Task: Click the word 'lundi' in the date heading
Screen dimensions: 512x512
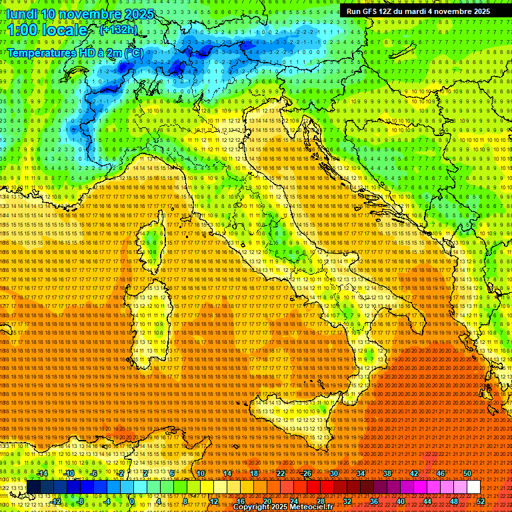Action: click(21, 14)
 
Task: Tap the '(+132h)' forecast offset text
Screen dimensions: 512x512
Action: click(118, 29)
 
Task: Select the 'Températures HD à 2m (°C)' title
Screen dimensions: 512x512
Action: click(75, 53)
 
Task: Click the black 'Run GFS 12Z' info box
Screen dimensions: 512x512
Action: click(418, 11)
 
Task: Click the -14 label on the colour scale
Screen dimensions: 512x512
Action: click(42, 473)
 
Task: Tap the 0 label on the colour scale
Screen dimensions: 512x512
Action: click(132, 501)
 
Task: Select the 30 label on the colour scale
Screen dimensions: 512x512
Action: click(333, 473)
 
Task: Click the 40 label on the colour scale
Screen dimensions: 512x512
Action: click(400, 501)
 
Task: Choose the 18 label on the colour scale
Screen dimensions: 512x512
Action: click(254, 473)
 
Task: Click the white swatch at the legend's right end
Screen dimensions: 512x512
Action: click(473, 487)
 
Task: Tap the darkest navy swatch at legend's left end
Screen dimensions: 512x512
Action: click(33, 487)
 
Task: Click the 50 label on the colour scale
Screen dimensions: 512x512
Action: click(467, 473)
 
